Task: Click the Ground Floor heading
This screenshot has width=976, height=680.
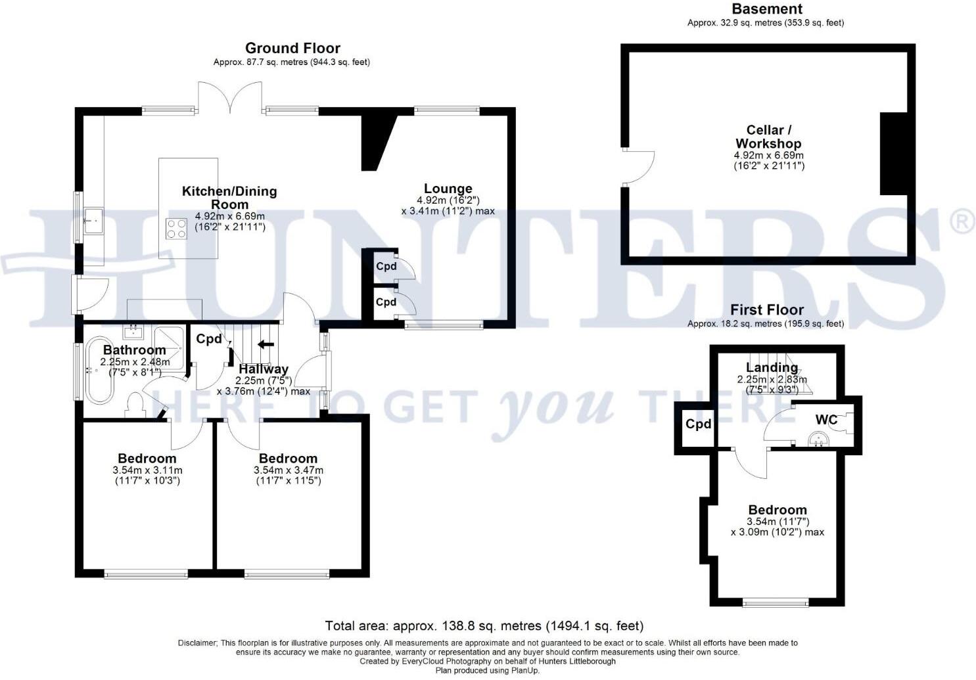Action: pos(292,48)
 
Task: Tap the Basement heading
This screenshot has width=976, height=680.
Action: pos(766,9)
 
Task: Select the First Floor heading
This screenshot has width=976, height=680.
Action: pos(766,309)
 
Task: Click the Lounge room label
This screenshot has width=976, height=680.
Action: pos(448,189)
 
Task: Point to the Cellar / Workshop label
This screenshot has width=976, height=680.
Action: pos(768,137)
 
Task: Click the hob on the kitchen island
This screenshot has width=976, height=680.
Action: pos(176,228)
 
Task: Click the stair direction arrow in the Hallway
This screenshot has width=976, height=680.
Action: pos(266,344)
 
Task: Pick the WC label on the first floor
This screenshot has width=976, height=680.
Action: pos(826,420)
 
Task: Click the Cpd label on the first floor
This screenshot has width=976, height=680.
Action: pos(698,424)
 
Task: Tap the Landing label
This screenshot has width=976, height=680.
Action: pos(772,367)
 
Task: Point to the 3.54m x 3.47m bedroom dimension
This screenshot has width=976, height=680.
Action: pos(288,470)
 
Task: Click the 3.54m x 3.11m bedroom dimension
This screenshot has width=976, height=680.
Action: pos(147,470)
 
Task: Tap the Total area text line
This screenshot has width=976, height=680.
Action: pos(484,625)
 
